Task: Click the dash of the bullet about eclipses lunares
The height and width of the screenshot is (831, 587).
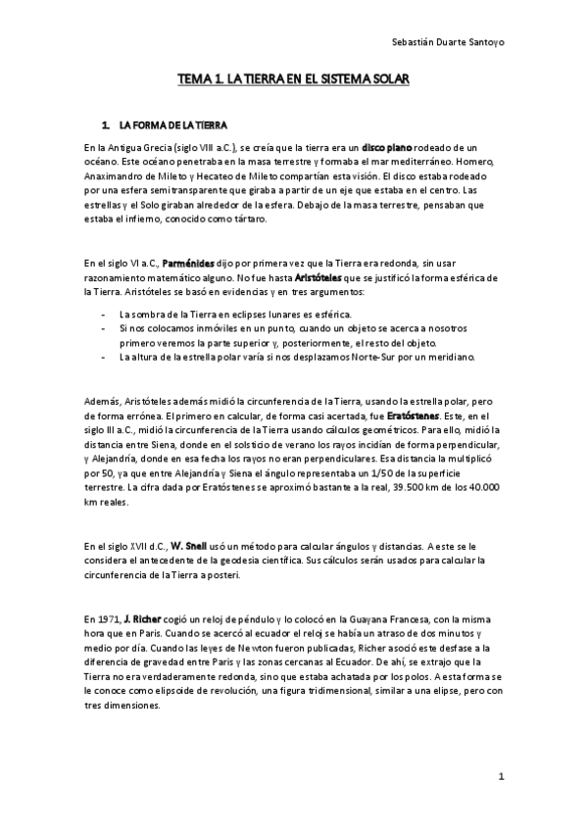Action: tap(104, 313)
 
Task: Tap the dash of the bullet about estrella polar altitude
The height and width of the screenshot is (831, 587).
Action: tap(104, 358)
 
